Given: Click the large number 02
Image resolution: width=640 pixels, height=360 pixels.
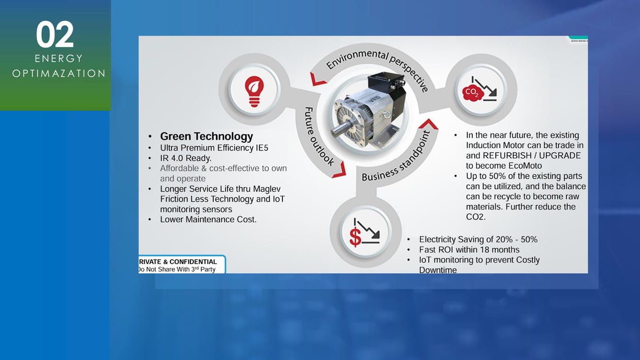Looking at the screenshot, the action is pos(55,34).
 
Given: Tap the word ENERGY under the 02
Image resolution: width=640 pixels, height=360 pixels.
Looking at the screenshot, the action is pos(59,59).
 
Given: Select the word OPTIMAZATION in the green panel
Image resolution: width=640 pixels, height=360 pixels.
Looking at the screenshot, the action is pos(59,74).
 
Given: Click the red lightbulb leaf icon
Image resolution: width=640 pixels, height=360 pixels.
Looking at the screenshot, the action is pos(254,91).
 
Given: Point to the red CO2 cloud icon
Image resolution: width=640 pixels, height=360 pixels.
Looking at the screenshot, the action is pos(473,92).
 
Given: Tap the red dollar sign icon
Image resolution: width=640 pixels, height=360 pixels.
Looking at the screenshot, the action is pos(356,237).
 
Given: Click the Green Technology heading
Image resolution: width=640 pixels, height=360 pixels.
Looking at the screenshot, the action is pos(207,136).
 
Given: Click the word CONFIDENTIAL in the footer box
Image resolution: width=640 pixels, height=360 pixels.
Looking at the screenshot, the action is pos(193,262).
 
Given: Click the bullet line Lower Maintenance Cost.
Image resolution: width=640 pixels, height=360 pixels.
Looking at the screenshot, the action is pos(208,219).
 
